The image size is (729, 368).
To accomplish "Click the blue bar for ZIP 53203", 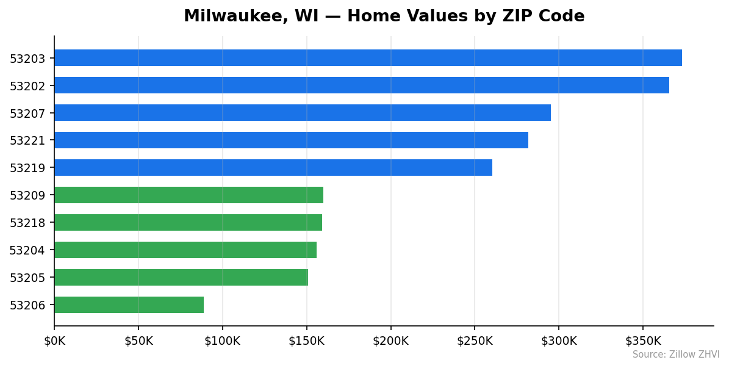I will click(x=368, y=58).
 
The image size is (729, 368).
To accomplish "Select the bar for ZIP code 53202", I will click(x=362, y=85).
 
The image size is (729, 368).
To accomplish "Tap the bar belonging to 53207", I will click(x=303, y=113).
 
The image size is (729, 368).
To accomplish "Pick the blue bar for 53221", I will click(x=291, y=140).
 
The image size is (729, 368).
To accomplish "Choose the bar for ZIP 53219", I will click(x=273, y=168).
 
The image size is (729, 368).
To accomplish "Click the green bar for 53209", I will click(x=189, y=195).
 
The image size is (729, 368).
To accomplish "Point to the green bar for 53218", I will click(x=188, y=223).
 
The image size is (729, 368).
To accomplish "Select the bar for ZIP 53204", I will click(x=185, y=250).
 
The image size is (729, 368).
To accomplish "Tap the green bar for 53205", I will click(x=181, y=278).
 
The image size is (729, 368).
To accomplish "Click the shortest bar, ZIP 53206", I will click(x=129, y=305).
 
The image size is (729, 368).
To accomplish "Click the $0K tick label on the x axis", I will click(x=54, y=341).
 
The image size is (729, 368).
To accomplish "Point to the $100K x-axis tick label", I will click(x=222, y=341).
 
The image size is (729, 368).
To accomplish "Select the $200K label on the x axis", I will click(x=390, y=341).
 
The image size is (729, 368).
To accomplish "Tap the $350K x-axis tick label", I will click(x=642, y=341).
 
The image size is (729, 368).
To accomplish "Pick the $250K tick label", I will click(x=475, y=341).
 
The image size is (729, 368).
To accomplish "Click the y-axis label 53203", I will click(x=27, y=59).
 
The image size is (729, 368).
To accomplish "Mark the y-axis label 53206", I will click(x=27, y=306).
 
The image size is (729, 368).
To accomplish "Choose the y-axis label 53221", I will click(x=27, y=141).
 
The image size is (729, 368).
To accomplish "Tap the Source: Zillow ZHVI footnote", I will click(x=675, y=355).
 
